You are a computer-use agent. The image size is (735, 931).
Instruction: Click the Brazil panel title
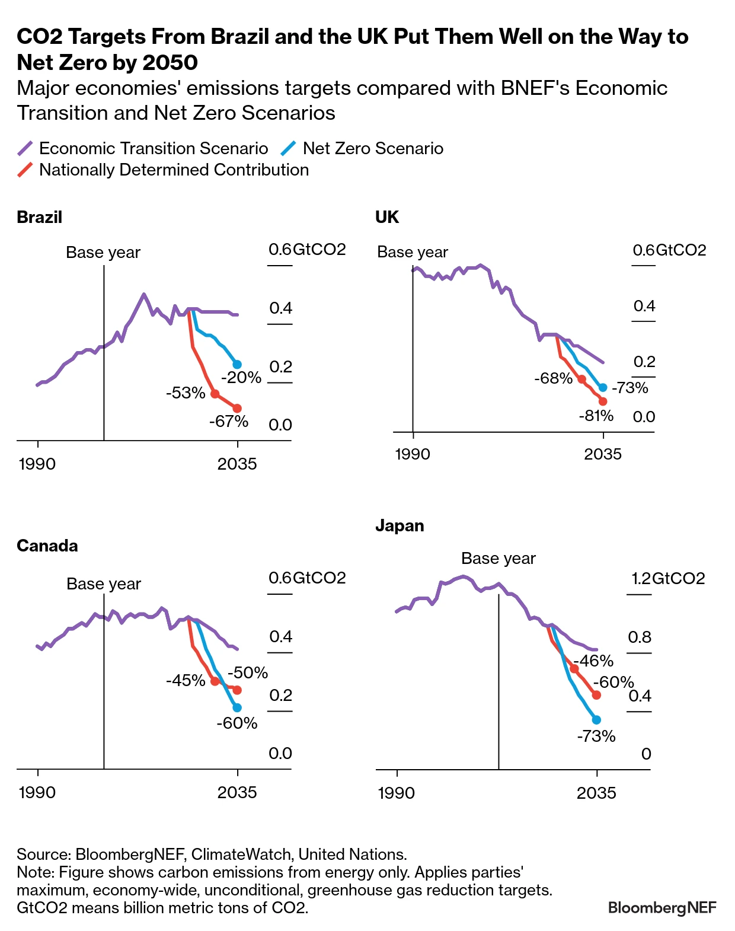click(39, 217)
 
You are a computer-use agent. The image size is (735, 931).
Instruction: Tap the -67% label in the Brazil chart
click(229, 422)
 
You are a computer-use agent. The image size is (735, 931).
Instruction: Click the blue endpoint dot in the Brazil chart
click(237, 364)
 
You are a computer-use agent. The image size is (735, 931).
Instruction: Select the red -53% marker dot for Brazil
click(215, 394)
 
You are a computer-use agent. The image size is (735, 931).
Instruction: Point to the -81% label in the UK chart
click(596, 416)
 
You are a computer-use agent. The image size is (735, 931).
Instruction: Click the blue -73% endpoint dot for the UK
click(603, 387)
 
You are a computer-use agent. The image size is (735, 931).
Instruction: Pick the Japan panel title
click(400, 526)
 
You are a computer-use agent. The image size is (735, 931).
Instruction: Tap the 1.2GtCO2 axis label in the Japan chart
click(668, 578)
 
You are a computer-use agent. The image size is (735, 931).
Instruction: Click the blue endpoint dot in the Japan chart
click(596, 719)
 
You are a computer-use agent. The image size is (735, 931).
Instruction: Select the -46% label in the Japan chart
click(593, 661)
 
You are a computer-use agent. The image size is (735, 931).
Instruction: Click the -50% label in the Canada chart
click(248, 672)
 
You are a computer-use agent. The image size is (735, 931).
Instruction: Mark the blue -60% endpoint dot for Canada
click(237, 707)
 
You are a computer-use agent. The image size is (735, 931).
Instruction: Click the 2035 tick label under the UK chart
click(603, 454)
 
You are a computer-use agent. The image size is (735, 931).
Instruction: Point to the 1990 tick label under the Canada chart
click(37, 792)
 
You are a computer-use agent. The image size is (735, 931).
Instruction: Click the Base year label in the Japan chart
click(498, 559)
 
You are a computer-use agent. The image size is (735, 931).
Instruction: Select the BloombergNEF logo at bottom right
click(662, 907)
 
